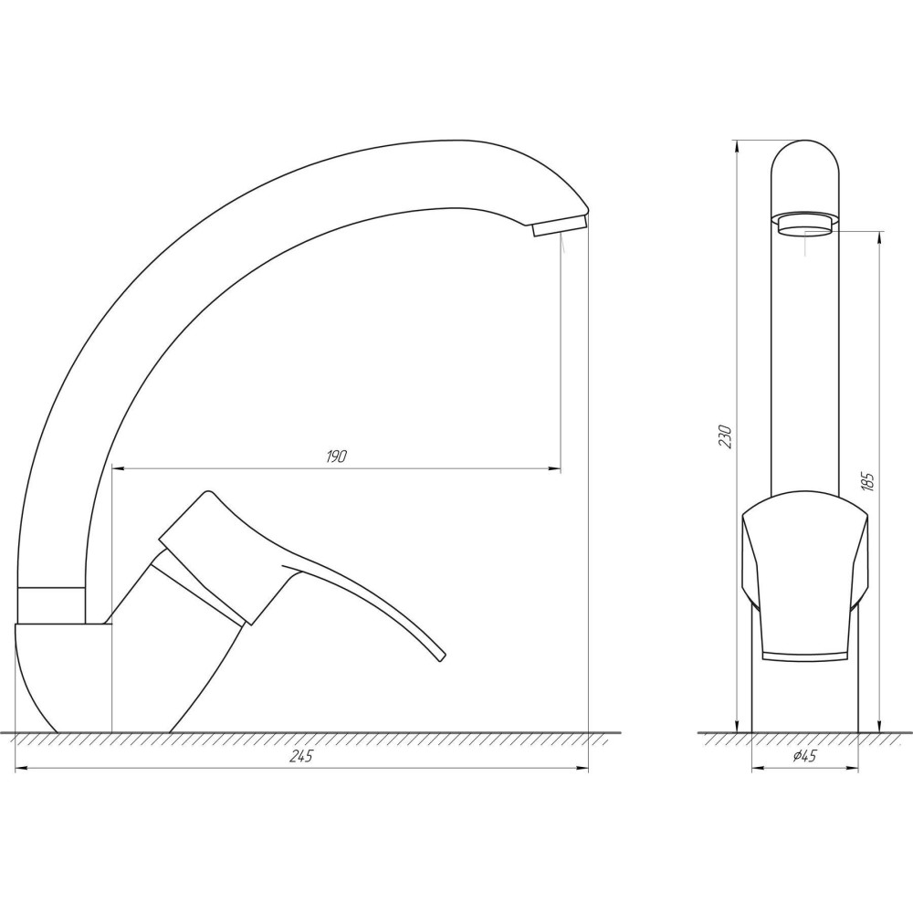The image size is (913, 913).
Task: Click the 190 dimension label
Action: tap(336, 456)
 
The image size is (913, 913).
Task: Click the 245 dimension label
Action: tap(301, 756)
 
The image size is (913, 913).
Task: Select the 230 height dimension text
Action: tap(725, 436)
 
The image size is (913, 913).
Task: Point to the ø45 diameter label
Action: tap(804, 756)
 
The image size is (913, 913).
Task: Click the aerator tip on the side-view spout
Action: tap(559, 226)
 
